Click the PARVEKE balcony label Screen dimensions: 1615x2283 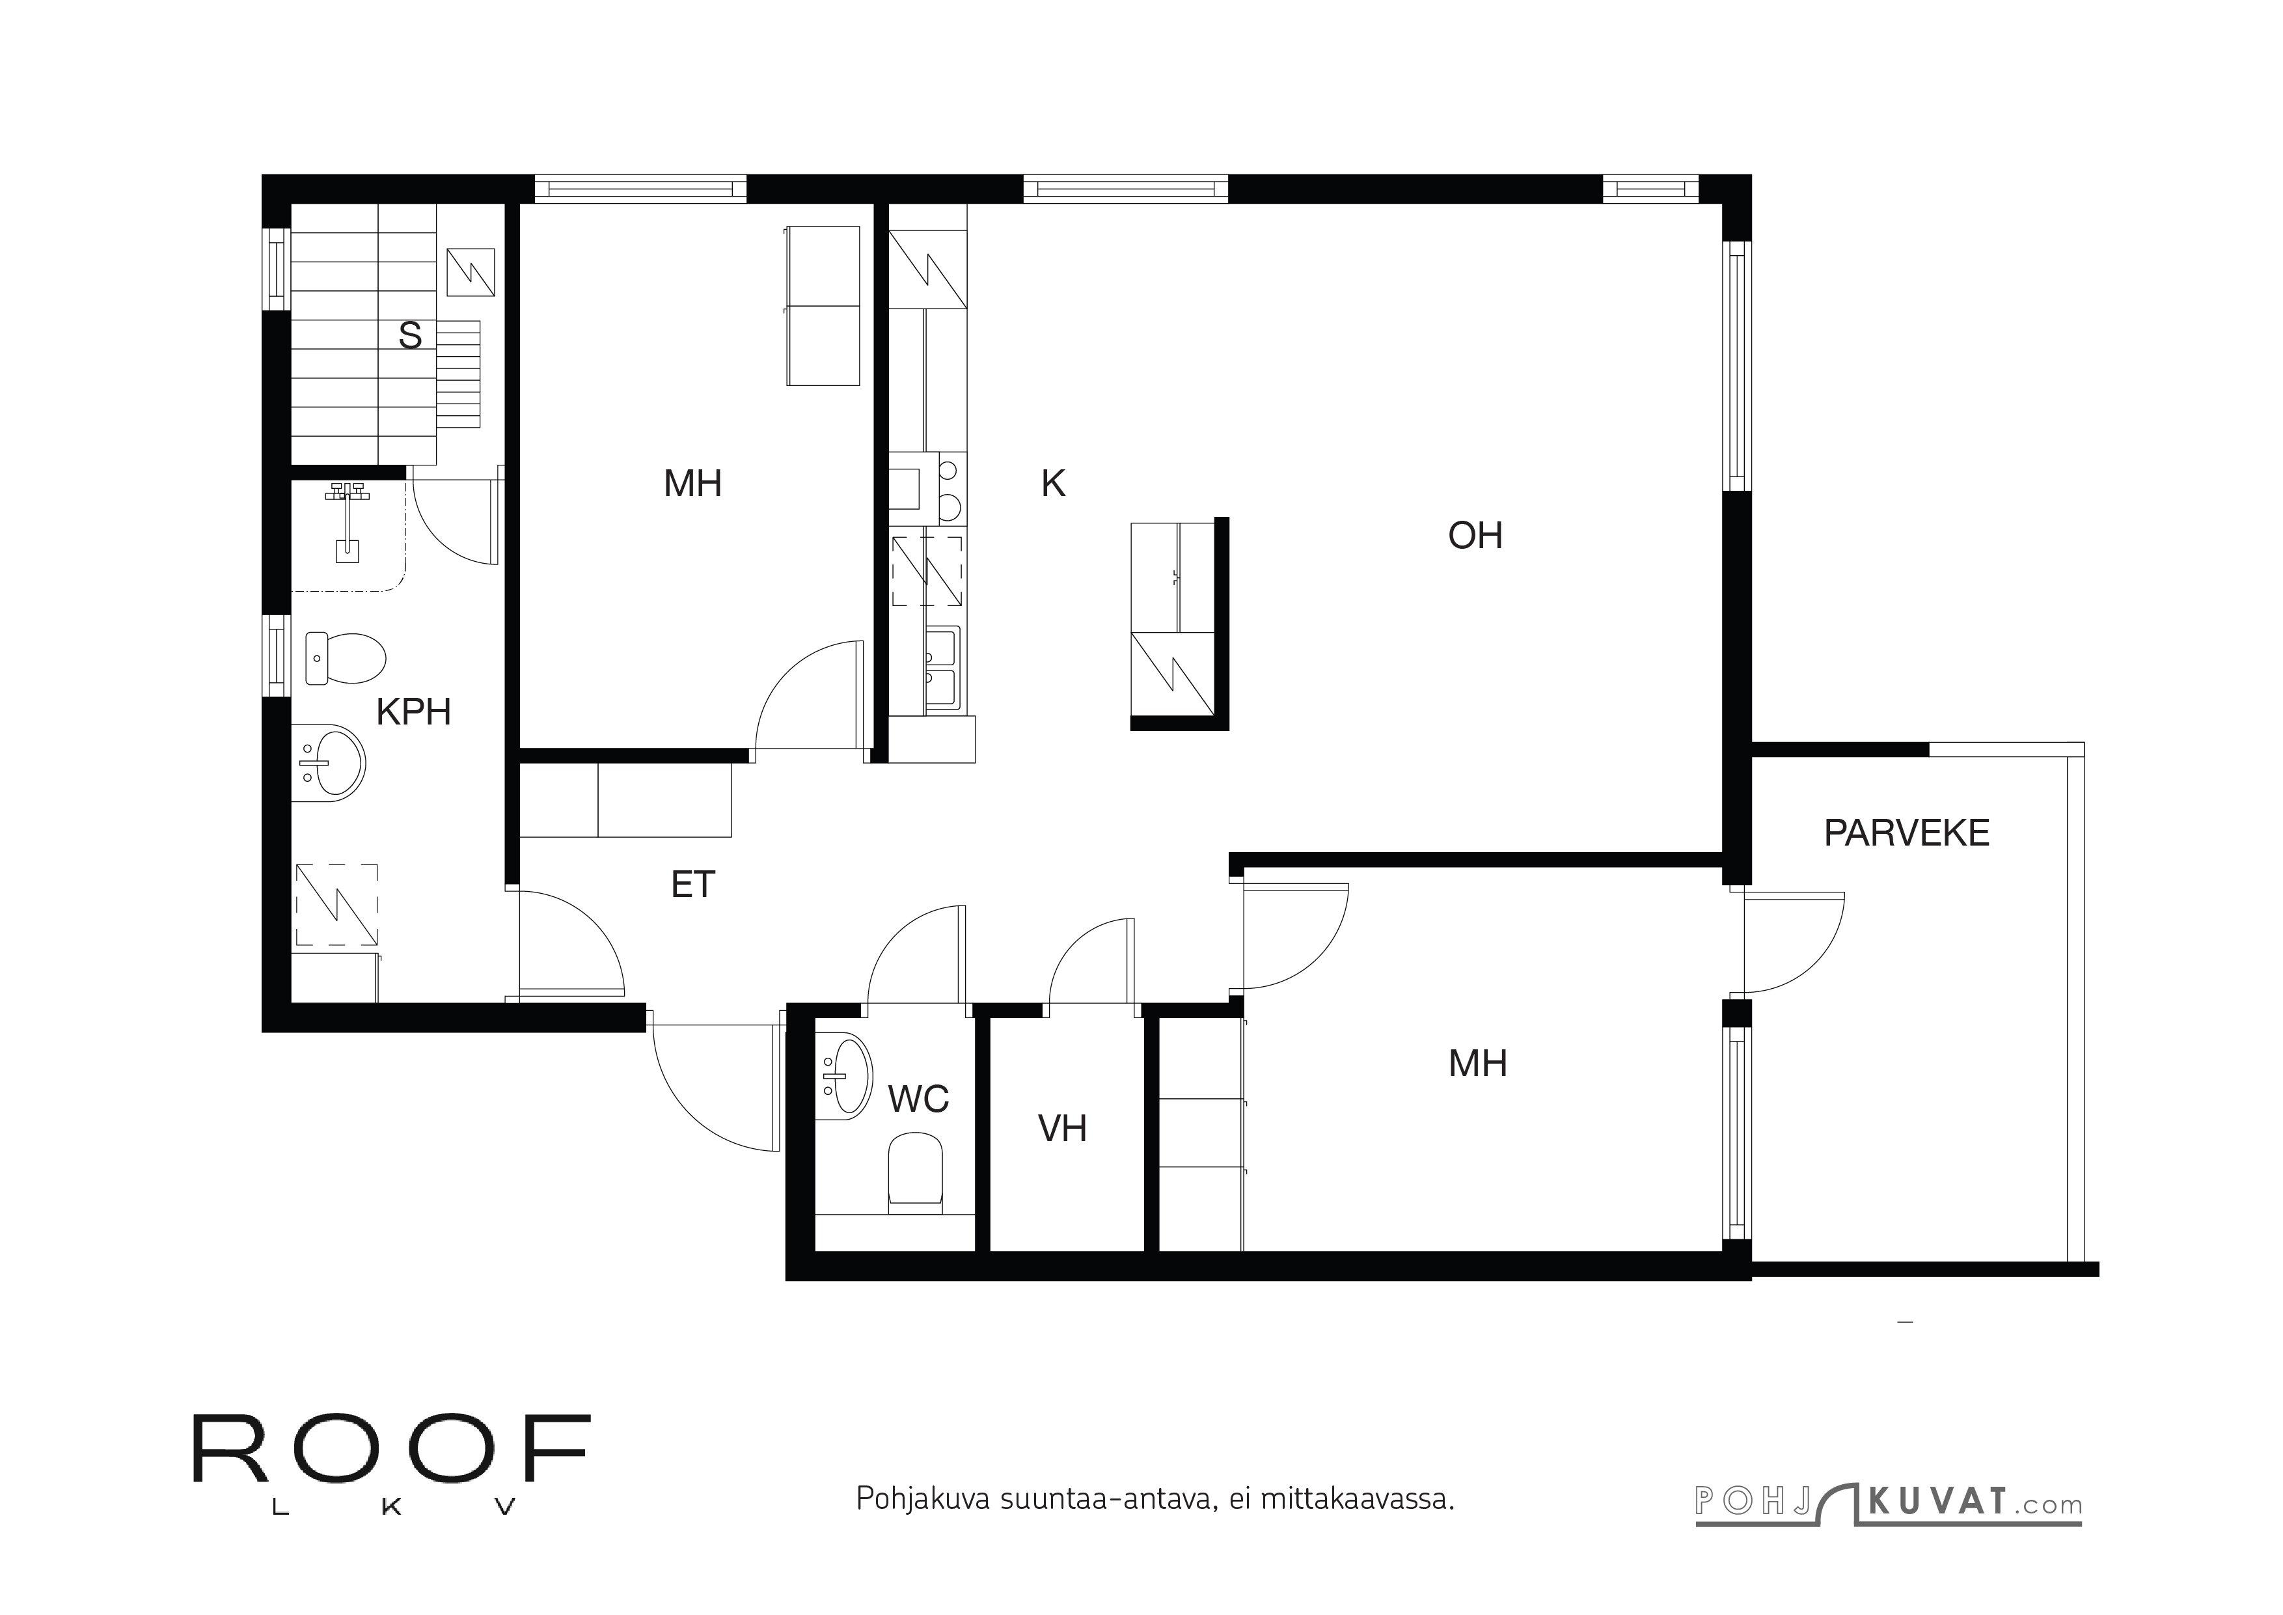pos(1906,833)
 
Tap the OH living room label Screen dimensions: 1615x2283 pos(1475,536)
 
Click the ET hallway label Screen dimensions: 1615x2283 pos(693,884)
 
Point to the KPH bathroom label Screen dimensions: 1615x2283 pos(414,712)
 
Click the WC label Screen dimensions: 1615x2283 pos(918,1099)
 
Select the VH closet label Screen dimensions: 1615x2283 pos(1062,1129)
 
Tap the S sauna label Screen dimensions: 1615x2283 pos(409,336)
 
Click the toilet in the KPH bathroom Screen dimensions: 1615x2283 pos(344,658)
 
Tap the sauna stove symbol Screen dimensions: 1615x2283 pos(471,271)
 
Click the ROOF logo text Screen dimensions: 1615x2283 pos(390,1450)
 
